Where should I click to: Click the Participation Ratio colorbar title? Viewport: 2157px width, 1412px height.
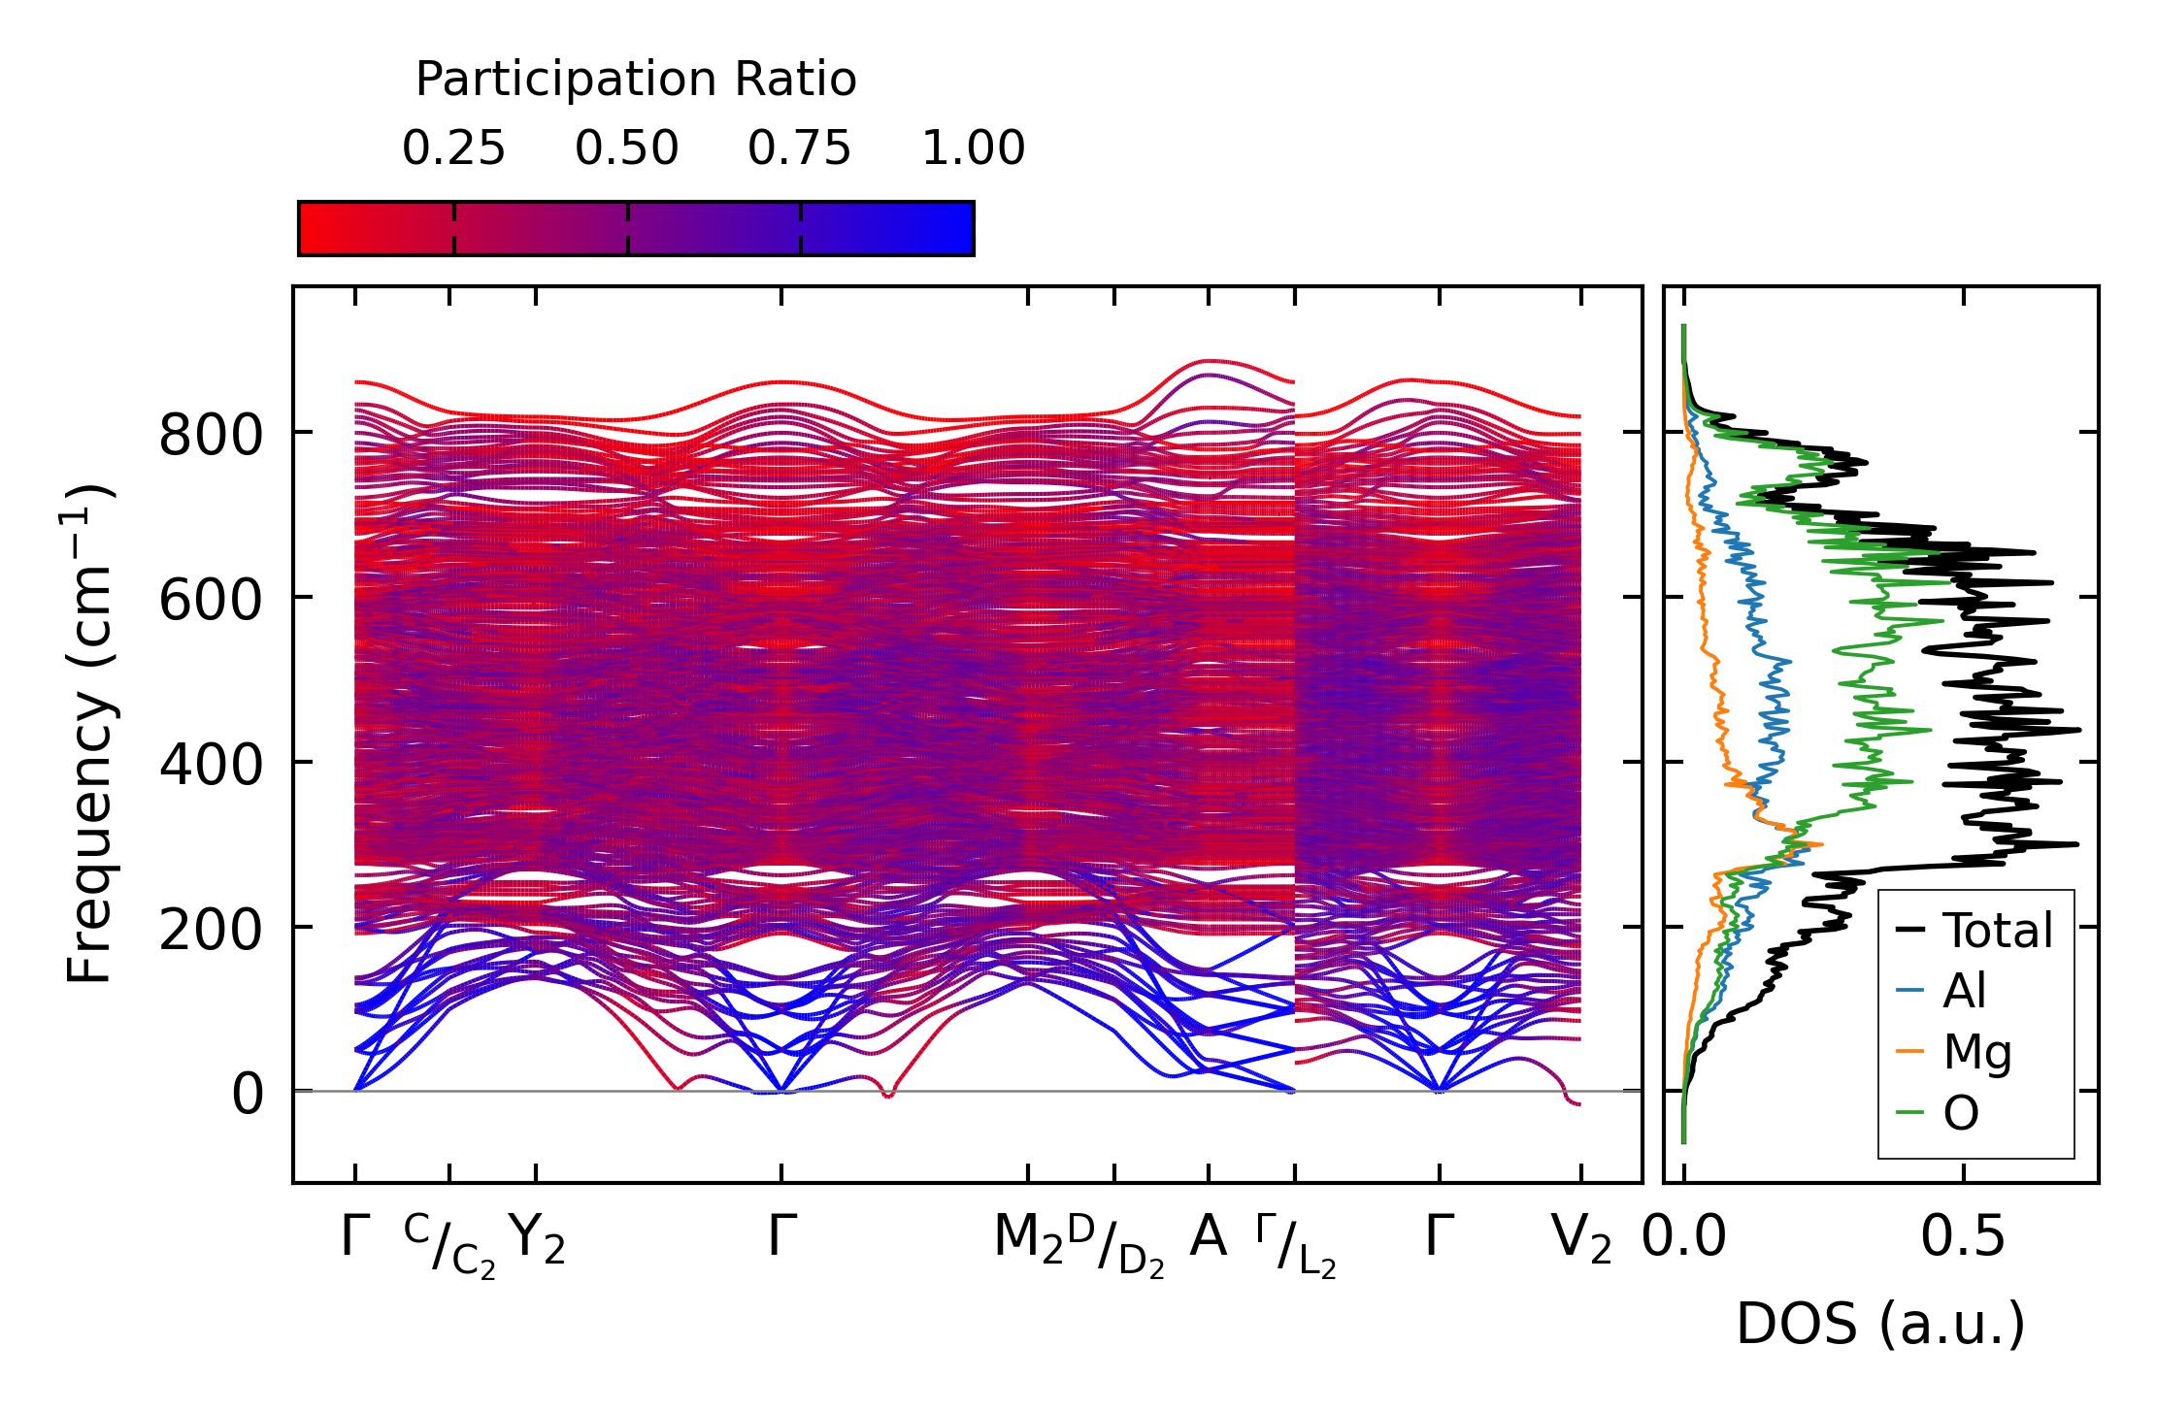[x=636, y=80]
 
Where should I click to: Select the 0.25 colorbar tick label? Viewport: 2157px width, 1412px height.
[x=453, y=149]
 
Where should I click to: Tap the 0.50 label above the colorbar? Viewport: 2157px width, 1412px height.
[x=626, y=149]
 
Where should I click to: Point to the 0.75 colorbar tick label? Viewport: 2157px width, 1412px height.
[x=799, y=149]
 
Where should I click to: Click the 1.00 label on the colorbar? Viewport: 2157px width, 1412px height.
[x=973, y=149]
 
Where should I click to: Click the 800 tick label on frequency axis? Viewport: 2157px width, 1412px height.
[x=211, y=435]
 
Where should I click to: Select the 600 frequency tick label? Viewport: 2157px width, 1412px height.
[x=211, y=600]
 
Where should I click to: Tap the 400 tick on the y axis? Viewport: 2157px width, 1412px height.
[x=211, y=765]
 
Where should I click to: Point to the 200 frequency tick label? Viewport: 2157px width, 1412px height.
[x=211, y=930]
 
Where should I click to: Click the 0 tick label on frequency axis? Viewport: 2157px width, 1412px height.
[x=247, y=1095]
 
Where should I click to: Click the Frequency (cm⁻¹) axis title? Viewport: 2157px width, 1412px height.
[x=91, y=734]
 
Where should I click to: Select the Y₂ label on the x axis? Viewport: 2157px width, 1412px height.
[x=537, y=1239]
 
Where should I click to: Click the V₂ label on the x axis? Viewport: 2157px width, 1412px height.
[x=1581, y=1239]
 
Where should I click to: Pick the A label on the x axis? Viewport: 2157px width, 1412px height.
[x=1208, y=1237]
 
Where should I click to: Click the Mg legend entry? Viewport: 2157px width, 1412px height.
[x=1976, y=1052]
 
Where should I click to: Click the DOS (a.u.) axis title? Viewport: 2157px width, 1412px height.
[x=1880, y=1325]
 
